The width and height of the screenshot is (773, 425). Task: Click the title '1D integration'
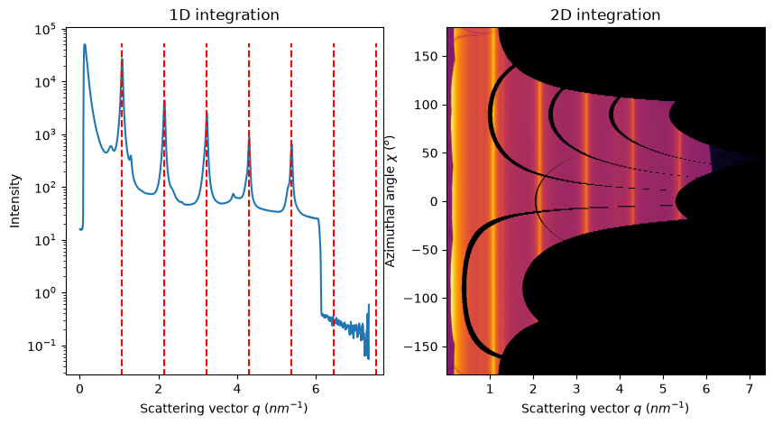click(225, 14)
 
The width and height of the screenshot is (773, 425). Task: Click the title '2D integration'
click(605, 14)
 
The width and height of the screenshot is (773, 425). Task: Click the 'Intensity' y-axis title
click(15, 200)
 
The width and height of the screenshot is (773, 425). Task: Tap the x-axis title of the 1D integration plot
click(224, 408)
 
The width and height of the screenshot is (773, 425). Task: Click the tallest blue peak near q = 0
click(84, 44)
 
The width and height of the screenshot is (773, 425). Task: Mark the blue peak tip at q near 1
click(123, 60)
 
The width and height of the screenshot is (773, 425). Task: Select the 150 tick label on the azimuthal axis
click(427, 56)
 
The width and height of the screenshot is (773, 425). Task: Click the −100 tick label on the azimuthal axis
click(421, 298)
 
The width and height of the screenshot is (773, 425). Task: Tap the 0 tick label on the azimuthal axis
click(435, 201)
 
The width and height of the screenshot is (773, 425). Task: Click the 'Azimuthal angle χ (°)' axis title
click(390, 200)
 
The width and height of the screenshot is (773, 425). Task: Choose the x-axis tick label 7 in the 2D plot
click(750, 389)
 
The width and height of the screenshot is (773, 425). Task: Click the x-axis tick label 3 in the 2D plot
click(576, 389)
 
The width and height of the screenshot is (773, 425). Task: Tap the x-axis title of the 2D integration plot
click(605, 408)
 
